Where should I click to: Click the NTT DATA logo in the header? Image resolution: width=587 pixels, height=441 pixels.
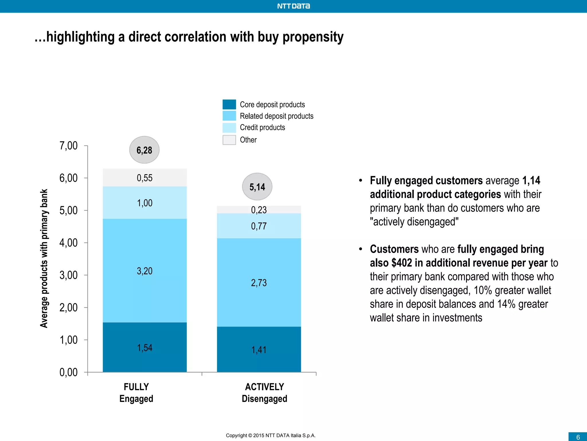[x=293, y=6]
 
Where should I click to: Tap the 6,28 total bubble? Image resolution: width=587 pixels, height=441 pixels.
[x=144, y=150]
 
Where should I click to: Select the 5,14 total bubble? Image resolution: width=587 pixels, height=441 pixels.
[x=257, y=187]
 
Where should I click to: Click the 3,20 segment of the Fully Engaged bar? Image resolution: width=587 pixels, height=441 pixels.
[x=145, y=270]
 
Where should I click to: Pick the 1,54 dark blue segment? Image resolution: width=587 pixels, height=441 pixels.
[x=145, y=347]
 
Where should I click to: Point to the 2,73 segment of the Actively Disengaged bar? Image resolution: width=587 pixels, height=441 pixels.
[x=259, y=283]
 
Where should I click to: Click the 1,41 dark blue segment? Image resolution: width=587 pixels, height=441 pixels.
[x=259, y=349]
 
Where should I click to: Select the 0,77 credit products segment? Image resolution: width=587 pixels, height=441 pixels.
[x=259, y=226]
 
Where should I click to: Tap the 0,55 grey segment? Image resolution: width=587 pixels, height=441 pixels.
[x=145, y=178]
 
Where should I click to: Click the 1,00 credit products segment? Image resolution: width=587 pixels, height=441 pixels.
[x=145, y=203]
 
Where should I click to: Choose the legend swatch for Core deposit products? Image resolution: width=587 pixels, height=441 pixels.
[x=229, y=105]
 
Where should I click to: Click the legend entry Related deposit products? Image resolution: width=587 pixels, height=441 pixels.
[x=276, y=116]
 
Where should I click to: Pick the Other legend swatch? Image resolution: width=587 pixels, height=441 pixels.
[x=229, y=140]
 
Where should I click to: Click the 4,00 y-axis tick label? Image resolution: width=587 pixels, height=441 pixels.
[x=69, y=243]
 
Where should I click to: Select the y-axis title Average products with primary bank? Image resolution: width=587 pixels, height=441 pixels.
[x=44, y=258]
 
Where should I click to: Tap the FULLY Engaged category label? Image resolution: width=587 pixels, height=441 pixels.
[x=136, y=392]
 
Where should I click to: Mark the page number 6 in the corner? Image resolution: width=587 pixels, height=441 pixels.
[x=578, y=437]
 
